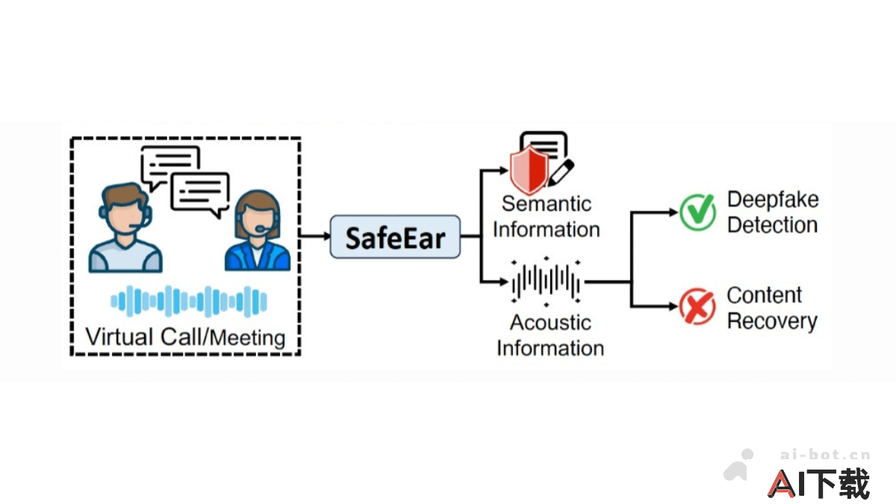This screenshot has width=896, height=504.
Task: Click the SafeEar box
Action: (x=395, y=237)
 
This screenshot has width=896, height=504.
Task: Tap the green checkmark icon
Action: (x=697, y=211)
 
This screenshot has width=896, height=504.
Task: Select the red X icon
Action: (x=697, y=306)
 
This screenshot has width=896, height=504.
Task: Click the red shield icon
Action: (x=529, y=169)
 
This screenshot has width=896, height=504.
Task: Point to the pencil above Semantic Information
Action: (x=561, y=172)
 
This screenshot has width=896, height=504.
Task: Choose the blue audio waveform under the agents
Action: (x=188, y=300)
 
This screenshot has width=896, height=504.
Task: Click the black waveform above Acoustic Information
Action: (x=547, y=282)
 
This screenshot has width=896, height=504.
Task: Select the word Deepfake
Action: (x=773, y=199)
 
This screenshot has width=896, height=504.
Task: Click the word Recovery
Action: (x=772, y=322)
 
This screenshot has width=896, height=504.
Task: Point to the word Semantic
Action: (x=547, y=203)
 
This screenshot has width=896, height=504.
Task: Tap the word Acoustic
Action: (x=550, y=323)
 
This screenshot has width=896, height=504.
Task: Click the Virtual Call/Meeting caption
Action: (x=186, y=337)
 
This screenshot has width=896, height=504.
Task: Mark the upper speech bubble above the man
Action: (x=170, y=164)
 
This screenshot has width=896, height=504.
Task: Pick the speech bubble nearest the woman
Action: (x=200, y=192)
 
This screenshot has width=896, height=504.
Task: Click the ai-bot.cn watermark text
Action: (x=825, y=454)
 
